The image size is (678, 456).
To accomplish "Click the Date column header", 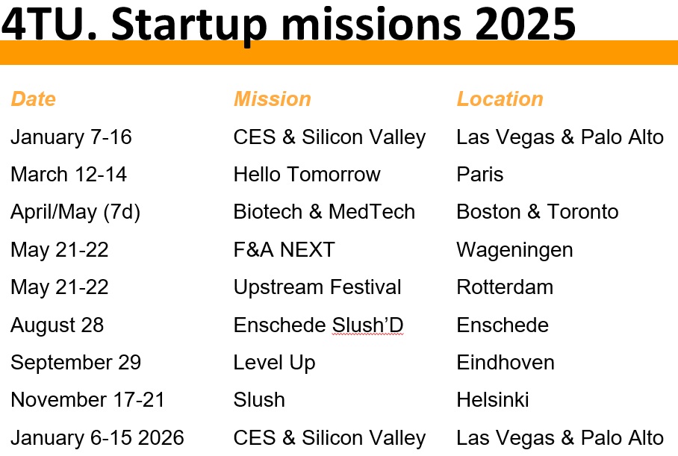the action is pyautogui.click(x=34, y=99).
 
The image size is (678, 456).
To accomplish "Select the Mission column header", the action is pyautogui.click(x=273, y=99).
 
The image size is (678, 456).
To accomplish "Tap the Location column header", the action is pyautogui.click(x=500, y=99).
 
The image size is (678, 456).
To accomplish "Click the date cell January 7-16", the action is pyautogui.click(x=72, y=137).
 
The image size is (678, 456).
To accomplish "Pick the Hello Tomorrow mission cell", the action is pyautogui.click(x=307, y=175).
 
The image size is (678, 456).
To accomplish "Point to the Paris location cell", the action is pyautogui.click(x=480, y=175).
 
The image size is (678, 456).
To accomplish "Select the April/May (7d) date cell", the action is pyautogui.click(x=75, y=213).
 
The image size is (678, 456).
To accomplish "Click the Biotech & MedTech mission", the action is pyautogui.click(x=324, y=212).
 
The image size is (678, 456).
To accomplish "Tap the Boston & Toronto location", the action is pyautogui.click(x=538, y=212).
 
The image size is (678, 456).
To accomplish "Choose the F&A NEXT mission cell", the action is pyautogui.click(x=284, y=250).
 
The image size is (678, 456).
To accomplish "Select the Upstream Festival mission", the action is pyautogui.click(x=317, y=287).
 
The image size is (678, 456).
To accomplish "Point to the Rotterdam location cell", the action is pyautogui.click(x=505, y=287).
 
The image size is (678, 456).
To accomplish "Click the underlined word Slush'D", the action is pyautogui.click(x=367, y=325).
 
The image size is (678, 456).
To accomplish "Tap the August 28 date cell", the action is pyautogui.click(x=57, y=326).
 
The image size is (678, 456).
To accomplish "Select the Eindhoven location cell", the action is pyautogui.click(x=506, y=363).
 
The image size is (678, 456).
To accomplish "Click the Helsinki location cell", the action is pyautogui.click(x=493, y=400).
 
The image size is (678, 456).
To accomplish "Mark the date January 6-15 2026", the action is pyautogui.click(x=97, y=438).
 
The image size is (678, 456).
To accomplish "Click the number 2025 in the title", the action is pyautogui.click(x=525, y=24).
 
